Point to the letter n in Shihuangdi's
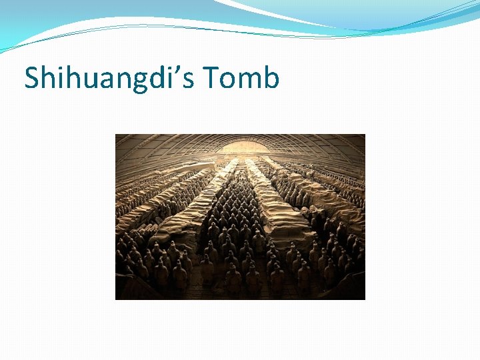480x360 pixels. (118, 80)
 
